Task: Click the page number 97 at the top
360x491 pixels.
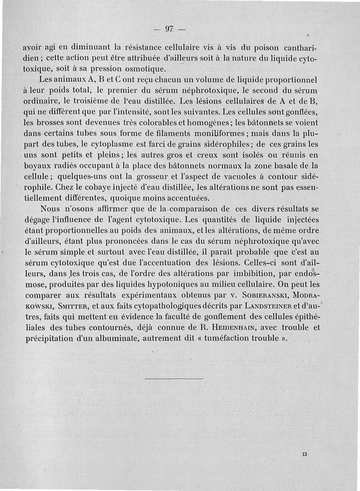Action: coord(169,29)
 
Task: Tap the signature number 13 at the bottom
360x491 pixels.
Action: coord(305,455)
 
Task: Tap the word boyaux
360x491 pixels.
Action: coord(37,166)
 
